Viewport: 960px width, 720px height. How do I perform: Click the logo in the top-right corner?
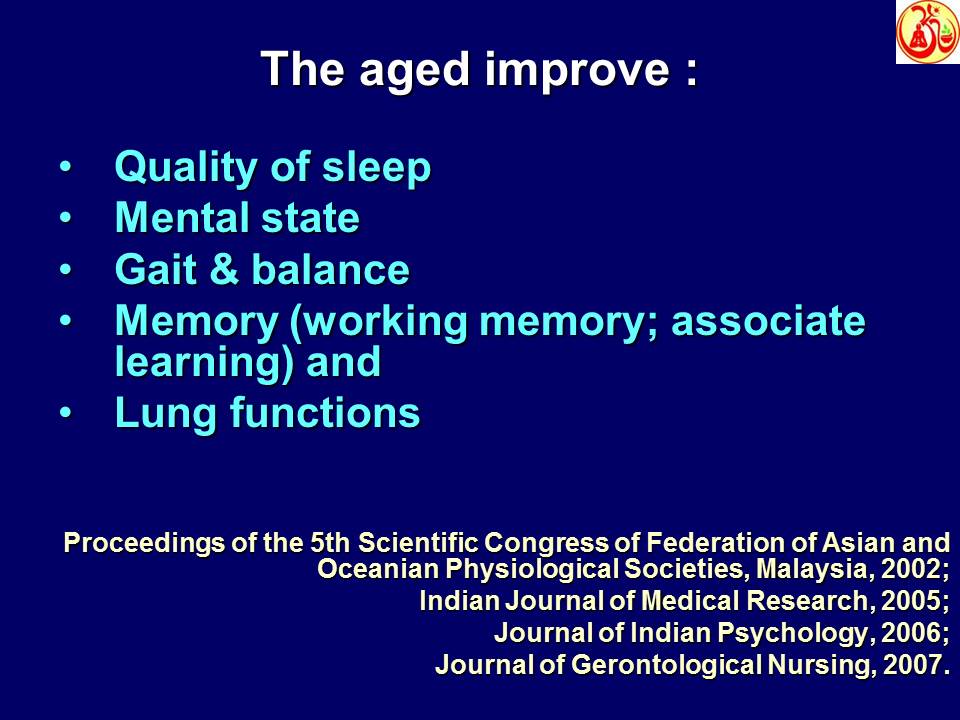pyautogui.click(x=927, y=32)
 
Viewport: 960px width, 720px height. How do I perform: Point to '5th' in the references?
pyautogui.click(x=332, y=544)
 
